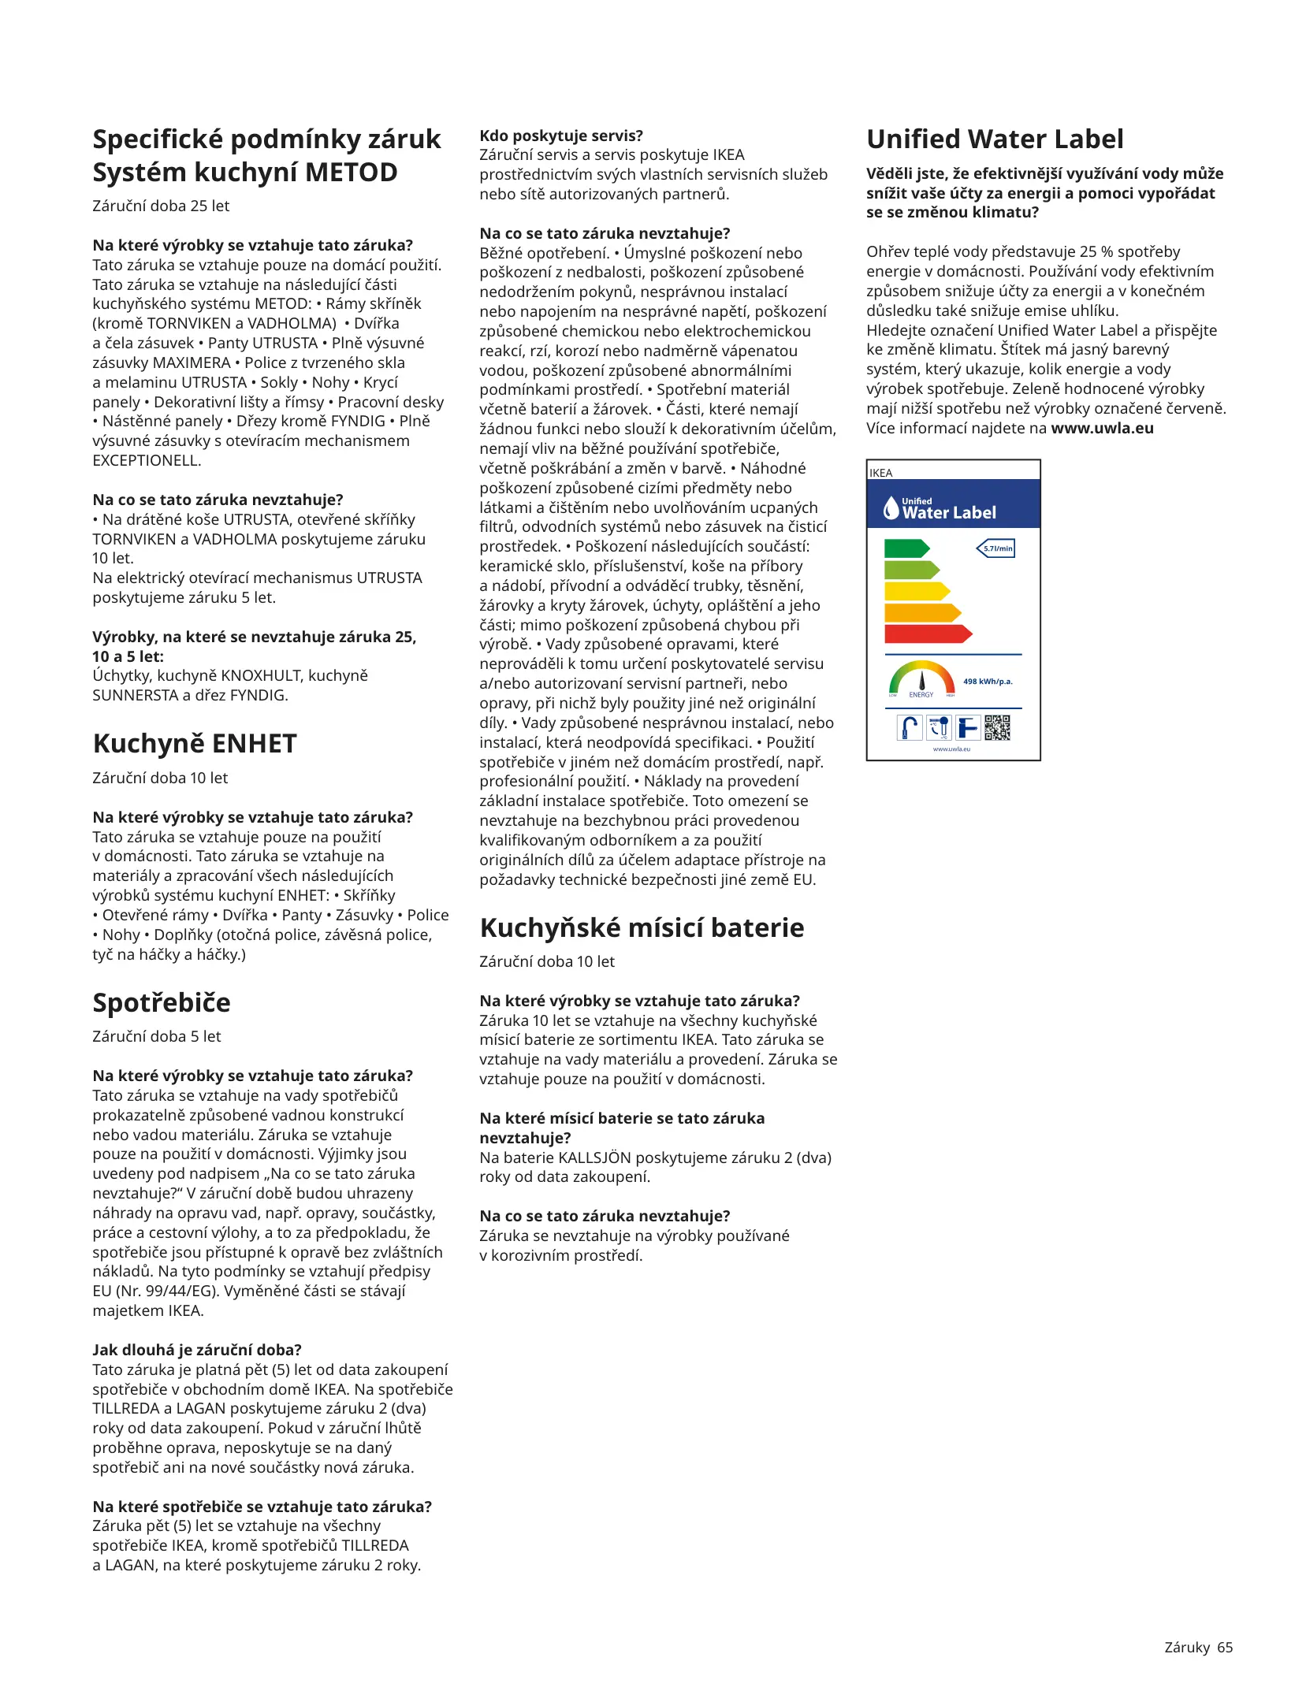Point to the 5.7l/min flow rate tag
(x=996, y=548)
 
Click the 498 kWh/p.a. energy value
(x=988, y=682)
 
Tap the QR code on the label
(x=997, y=727)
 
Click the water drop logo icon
(x=891, y=508)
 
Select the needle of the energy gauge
(x=922, y=679)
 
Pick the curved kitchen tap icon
(x=910, y=727)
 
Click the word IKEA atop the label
(x=881, y=473)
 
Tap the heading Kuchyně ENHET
(x=195, y=744)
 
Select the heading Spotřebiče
(x=162, y=1002)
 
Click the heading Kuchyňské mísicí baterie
(x=642, y=927)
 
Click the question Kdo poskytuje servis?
(x=561, y=136)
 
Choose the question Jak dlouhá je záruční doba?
(x=197, y=1350)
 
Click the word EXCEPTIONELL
(x=147, y=460)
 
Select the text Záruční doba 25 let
(x=161, y=206)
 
